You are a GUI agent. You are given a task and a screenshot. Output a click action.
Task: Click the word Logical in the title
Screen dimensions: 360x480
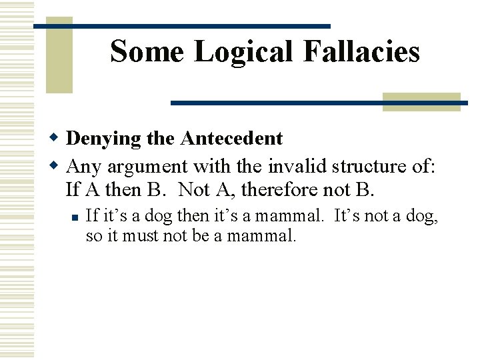click(243, 51)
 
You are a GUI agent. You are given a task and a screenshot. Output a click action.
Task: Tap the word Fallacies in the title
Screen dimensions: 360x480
click(361, 51)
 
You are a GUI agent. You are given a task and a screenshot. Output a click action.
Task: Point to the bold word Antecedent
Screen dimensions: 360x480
click(231, 139)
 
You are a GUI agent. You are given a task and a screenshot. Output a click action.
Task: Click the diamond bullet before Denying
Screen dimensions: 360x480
click(56, 138)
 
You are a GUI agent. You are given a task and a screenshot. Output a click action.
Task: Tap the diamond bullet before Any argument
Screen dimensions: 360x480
click(56, 165)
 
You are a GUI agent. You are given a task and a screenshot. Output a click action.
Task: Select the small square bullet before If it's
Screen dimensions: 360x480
click(75, 216)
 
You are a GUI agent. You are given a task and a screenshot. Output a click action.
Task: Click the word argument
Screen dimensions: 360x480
click(147, 165)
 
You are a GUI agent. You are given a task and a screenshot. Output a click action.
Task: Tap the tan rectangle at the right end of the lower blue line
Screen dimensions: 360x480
click(421, 101)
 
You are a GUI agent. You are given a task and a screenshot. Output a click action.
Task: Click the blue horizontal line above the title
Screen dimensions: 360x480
click(181, 26)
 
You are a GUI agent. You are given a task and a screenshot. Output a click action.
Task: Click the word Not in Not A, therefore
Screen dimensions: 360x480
click(195, 190)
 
